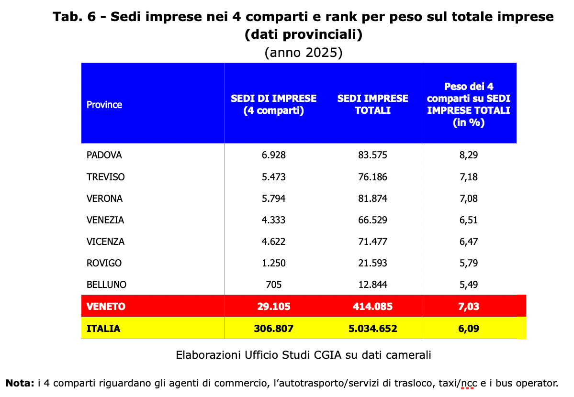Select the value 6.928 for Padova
coord(273,155)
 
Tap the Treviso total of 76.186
coord(372,177)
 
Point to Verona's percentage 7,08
coord(469,198)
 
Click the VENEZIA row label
coord(105,220)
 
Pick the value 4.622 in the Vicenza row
coord(273,242)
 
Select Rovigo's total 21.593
coord(372,263)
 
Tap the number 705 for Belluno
coord(273,285)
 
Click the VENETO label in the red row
coord(106,307)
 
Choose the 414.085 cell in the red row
coord(372,307)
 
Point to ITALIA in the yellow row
coord(103,329)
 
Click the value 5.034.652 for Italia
coord(372,329)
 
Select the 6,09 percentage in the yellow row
coord(469,329)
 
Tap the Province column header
coord(104,105)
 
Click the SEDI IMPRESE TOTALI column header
coord(372,104)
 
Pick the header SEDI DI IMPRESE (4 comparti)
coord(273,104)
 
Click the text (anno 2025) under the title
coord(304,53)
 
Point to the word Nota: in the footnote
coord(20,383)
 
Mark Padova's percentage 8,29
coord(469,155)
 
